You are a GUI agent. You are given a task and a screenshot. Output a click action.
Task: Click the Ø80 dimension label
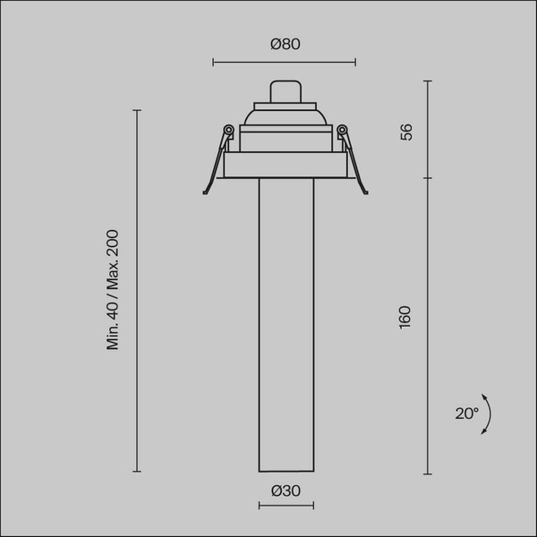tap(285, 45)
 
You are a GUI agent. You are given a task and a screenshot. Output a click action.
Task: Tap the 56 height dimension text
tap(405, 131)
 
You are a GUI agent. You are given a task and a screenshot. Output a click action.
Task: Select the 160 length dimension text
tap(405, 317)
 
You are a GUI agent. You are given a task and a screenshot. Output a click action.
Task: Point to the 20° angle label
tap(466, 413)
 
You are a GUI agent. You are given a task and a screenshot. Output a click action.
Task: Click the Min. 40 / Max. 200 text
tap(113, 290)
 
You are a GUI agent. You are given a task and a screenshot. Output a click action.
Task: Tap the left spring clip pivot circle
tap(229, 131)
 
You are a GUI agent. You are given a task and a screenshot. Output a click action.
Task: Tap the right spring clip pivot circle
tap(340, 131)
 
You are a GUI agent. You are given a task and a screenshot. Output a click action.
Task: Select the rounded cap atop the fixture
tap(285, 91)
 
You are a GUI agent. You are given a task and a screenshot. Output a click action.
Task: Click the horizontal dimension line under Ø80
tap(285, 63)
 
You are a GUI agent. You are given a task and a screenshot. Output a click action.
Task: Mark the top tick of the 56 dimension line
tap(428, 81)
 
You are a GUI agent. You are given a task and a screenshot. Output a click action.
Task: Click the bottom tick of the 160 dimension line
tap(428, 473)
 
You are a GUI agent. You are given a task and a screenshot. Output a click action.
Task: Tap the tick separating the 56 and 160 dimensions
tap(428, 177)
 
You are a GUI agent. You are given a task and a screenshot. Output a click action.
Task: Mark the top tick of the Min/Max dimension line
tap(137, 110)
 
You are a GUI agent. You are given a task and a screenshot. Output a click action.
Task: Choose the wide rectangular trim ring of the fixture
tap(285, 166)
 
